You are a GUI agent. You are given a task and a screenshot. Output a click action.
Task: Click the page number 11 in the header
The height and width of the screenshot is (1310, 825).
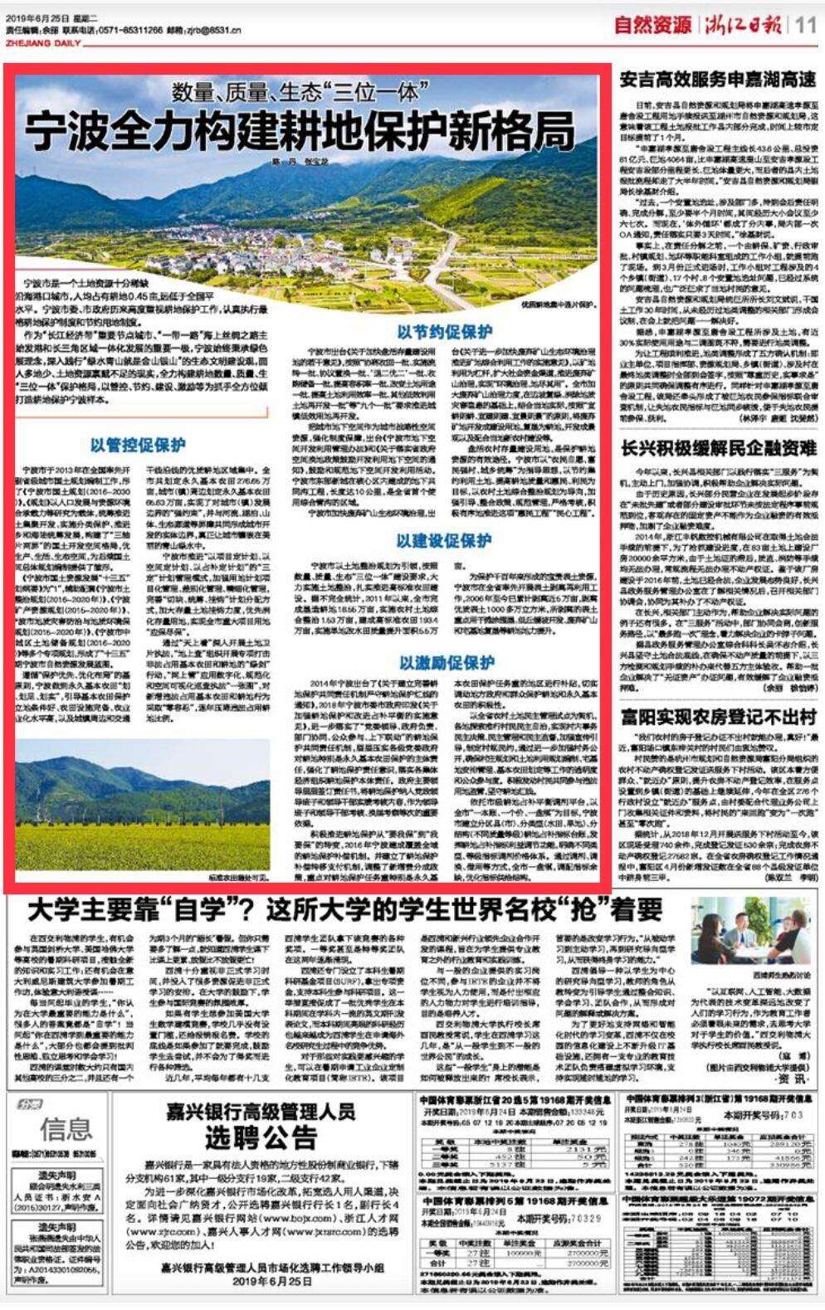(806, 25)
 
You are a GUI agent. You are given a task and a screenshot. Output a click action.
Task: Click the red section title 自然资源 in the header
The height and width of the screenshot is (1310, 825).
(652, 25)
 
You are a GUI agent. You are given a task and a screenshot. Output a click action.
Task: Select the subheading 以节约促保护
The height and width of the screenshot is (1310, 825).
(444, 333)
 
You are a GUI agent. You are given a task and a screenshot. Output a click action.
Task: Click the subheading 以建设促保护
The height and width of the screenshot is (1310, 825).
(444, 541)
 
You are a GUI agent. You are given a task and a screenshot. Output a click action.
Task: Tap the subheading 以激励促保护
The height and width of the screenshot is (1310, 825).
(446, 662)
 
